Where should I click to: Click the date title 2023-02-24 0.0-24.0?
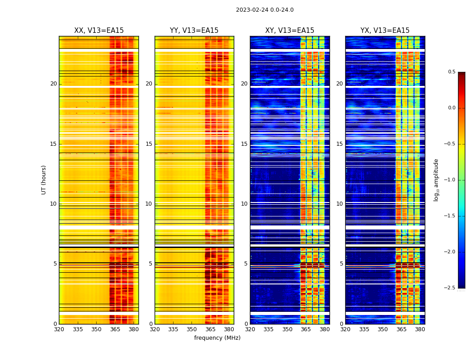coord(265,10)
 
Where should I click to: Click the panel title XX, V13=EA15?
coord(99,31)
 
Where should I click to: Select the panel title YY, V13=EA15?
coord(194,31)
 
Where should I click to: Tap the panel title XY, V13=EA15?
coord(289,31)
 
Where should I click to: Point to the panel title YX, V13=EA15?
coord(385,31)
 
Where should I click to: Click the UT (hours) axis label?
coord(44,180)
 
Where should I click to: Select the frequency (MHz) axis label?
coord(217,338)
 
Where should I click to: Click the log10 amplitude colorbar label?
coord(436,180)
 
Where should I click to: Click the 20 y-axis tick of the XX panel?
coord(53,84)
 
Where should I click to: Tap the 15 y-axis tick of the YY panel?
coord(149,144)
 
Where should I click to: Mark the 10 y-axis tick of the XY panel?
coord(244,204)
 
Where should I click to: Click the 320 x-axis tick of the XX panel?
coord(59,329)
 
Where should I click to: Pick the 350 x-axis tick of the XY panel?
coord(287,329)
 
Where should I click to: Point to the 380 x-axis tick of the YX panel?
coord(420,329)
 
